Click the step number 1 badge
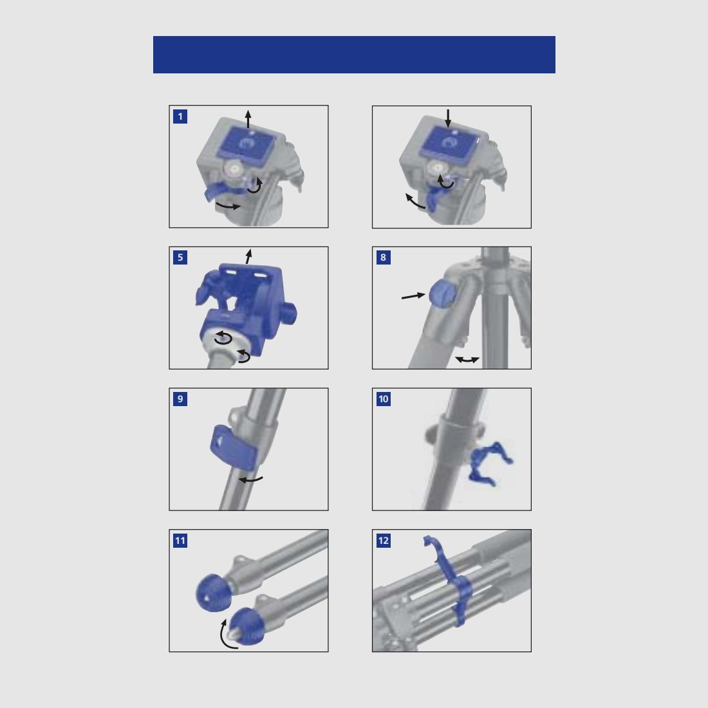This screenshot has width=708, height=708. click(180, 116)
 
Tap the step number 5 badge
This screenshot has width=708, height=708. click(180, 257)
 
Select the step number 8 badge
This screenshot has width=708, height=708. click(384, 257)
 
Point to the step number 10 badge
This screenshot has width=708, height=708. click(384, 399)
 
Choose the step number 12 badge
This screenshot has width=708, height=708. click(384, 541)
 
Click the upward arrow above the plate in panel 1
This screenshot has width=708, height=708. click(248, 118)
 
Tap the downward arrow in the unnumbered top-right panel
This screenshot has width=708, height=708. click(449, 118)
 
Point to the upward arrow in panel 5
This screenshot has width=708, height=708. click(248, 256)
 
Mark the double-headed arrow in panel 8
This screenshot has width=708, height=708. click(467, 360)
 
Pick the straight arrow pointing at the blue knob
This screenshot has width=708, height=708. click(413, 296)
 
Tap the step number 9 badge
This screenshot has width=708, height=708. click(180, 399)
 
